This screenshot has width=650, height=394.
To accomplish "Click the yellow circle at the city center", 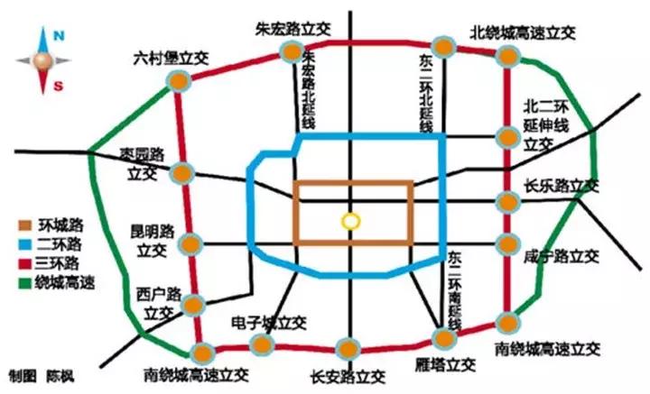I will click(x=349, y=221).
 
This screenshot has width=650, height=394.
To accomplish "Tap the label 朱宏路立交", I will click(x=288, y=26).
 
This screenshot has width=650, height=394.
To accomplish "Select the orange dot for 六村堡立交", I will click(x=180, y=80).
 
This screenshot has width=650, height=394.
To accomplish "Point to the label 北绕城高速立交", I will click(x=523, y=31).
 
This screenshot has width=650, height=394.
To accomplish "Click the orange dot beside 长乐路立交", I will click(x=507, y=200).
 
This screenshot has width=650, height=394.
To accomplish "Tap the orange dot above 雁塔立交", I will click(x=443, y=338).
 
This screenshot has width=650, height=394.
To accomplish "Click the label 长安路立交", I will click(x=348, y=375).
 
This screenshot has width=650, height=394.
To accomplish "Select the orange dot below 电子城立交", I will click(x=262, y=344).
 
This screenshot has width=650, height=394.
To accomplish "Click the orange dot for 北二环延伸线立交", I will click(x=507, y=137).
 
